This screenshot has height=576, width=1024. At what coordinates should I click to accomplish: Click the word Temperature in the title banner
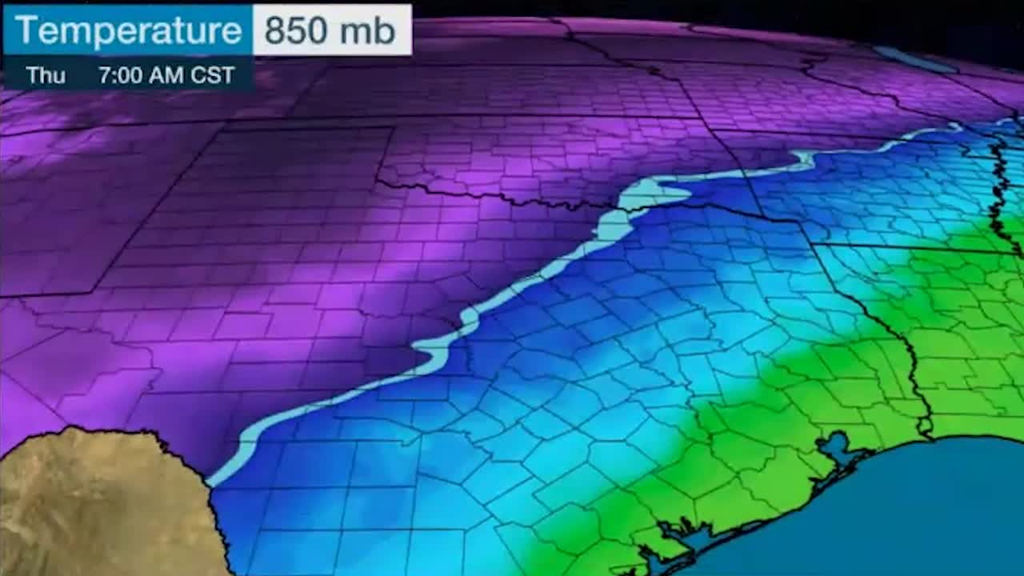click(x=128, y=31)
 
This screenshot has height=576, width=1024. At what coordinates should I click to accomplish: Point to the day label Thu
click(x=46, y=75)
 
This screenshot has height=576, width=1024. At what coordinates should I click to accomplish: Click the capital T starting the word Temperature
click(x=26, y=31)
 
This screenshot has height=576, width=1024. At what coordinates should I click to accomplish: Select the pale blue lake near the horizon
click(x=912, y=58)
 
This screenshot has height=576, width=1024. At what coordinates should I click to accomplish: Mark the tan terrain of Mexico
click(x=96, y=504)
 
